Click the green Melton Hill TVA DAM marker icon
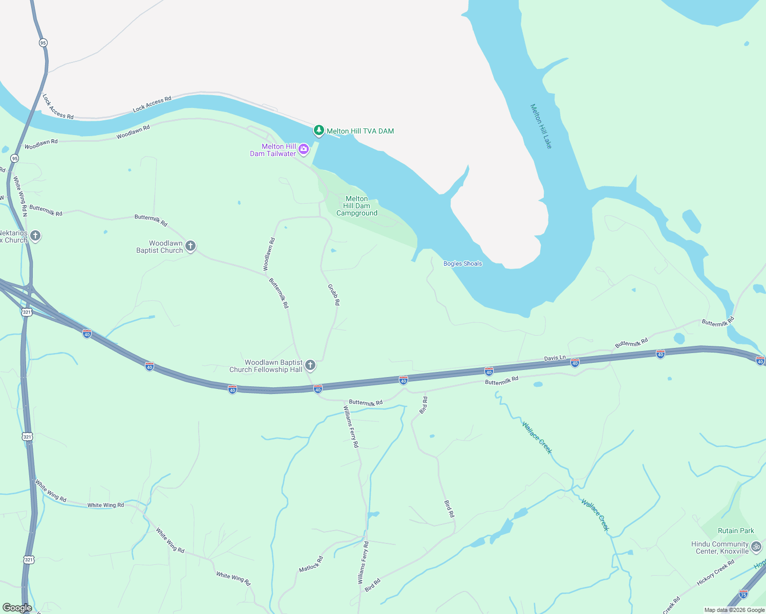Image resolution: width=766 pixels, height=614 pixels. (319, 131)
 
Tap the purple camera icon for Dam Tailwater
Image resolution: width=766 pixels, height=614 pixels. (304, 149)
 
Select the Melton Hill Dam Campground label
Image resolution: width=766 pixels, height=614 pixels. (357, 206)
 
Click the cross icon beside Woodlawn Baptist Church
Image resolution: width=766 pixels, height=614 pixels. (190, 247)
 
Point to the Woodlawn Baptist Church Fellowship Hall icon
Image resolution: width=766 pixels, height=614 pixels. (310, 365)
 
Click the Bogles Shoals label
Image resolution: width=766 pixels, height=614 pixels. (462, 264)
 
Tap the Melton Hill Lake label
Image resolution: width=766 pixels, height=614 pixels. (541, 126)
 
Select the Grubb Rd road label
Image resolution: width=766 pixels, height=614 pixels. (333, 295)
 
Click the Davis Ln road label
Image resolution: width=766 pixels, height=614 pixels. (555, 358)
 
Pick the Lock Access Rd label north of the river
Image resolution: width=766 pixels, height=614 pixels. (152, 104)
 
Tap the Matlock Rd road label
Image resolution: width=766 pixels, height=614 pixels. (311, 564)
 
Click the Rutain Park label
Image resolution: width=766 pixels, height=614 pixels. (736, 531)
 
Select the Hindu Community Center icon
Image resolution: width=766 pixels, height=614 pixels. (756, 547)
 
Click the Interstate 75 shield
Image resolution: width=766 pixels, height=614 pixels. (743, 594)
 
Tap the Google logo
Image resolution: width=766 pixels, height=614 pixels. (17, 608)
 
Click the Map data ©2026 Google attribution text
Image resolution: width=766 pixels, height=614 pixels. (734, 610)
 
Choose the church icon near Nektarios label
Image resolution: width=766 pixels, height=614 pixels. (35, 236)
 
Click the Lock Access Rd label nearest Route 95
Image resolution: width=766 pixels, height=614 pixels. (58, 106)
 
